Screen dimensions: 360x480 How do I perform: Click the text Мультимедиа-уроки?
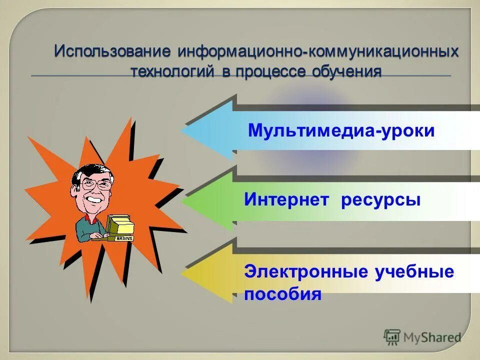coord(341,131)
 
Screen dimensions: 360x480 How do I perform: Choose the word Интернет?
coord(286,200)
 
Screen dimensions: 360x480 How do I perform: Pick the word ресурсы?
coord(381,200)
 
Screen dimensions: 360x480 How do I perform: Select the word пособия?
coord(282,294)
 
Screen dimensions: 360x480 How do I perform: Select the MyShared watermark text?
coord(431,337)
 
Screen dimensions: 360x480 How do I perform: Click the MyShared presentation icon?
coord(392,337)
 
